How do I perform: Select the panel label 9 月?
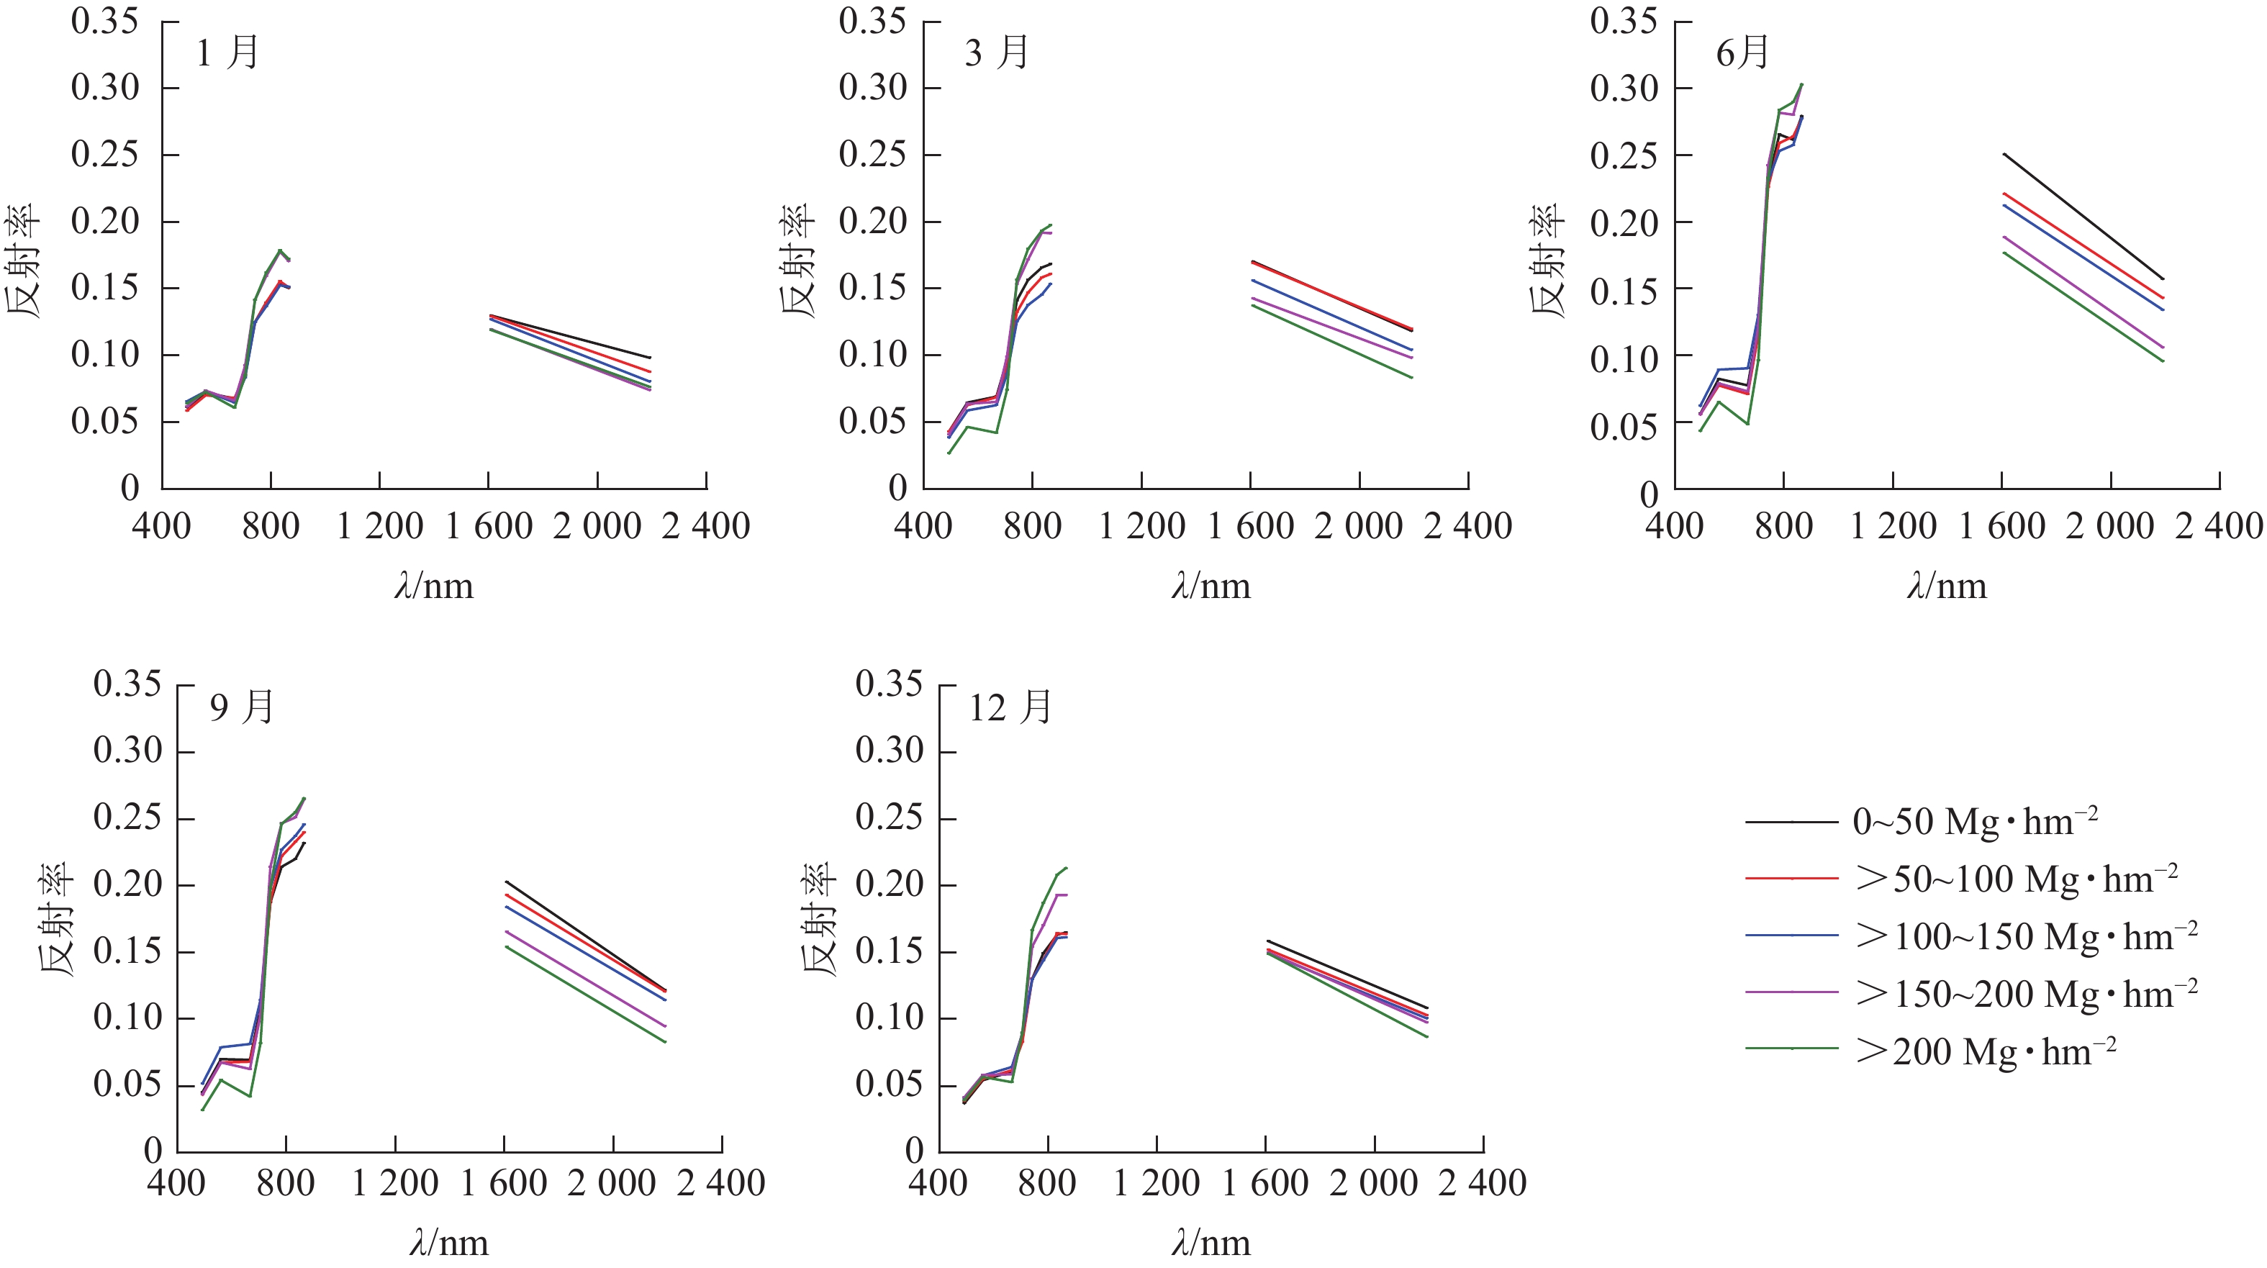tap(242, 707)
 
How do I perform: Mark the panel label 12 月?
tap(1010, 707)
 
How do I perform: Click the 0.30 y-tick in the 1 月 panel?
tap(105, 88)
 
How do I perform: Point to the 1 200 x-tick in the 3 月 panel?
tap(1141, 526)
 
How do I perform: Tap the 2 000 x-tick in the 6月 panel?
tap(2110, 526)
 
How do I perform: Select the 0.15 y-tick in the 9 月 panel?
tap(127, 951)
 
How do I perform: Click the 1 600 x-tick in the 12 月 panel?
tap(1265, 1182)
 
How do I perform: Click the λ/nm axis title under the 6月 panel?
tap(1947, 586)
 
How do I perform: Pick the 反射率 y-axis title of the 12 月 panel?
tap(818, 920)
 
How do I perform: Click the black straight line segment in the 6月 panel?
tap(2083, 217)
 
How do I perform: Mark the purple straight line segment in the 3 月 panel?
tap(1331, 328)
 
